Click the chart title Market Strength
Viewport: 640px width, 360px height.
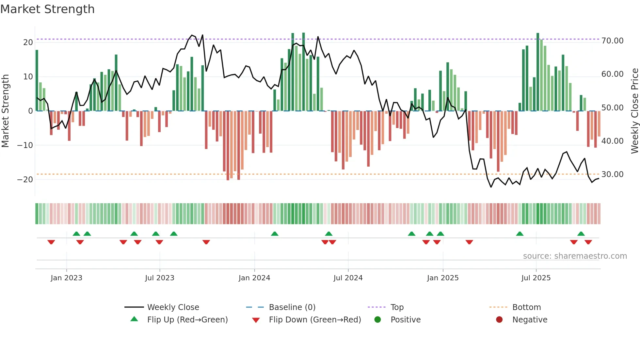tap(47, 9)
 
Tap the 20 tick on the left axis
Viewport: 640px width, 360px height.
tap(28, 42)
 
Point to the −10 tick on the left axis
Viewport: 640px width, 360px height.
tap(25, 145)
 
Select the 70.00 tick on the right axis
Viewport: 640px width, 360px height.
tap(612, 41)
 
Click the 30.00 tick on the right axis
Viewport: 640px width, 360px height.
tap(612, 174)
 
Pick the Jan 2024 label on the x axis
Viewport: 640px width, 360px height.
tap(254, 278)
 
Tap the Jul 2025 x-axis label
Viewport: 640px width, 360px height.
tap(536, 278)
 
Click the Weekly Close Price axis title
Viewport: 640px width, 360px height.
tap(634, 111)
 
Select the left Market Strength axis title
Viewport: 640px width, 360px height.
tap(5, 111)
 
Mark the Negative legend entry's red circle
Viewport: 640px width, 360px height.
tap(499, 320)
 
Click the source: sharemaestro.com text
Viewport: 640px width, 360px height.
tap(575, 256)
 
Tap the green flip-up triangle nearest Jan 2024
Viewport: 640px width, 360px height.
tap(275, 234)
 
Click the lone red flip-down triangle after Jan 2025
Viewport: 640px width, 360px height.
tap(469, 242)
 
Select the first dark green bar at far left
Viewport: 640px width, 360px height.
tap(37, 80)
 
